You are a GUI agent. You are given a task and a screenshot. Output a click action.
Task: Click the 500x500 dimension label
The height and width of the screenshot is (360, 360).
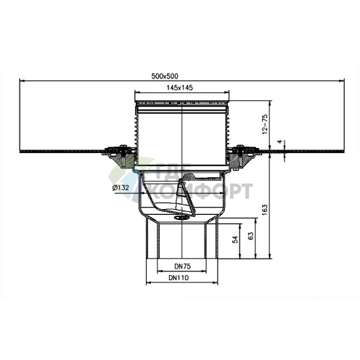(x=165, y=76)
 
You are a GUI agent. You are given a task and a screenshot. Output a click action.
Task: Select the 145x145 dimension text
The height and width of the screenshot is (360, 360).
(x=180, y=88)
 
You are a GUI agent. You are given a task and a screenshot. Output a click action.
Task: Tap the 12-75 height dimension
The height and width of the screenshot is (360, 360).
(x=265, y=124)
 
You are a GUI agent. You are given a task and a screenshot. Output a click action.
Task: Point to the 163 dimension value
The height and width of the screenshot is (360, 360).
(x=265, y=210)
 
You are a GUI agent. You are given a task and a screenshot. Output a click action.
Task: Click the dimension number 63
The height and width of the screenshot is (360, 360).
(x=251, y=236)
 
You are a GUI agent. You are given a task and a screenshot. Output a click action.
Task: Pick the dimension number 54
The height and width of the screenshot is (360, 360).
(x=235, y=240)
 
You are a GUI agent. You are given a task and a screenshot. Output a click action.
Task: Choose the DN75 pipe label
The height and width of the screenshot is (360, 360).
(x=182, y=266)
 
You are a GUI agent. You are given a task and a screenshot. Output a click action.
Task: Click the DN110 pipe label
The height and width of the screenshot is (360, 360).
(x=179, y=278)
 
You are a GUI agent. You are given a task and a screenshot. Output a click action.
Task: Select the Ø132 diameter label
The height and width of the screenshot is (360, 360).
(x=120, y=187)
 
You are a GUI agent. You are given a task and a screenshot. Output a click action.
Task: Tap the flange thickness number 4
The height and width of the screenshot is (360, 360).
(x=280, y=142)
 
